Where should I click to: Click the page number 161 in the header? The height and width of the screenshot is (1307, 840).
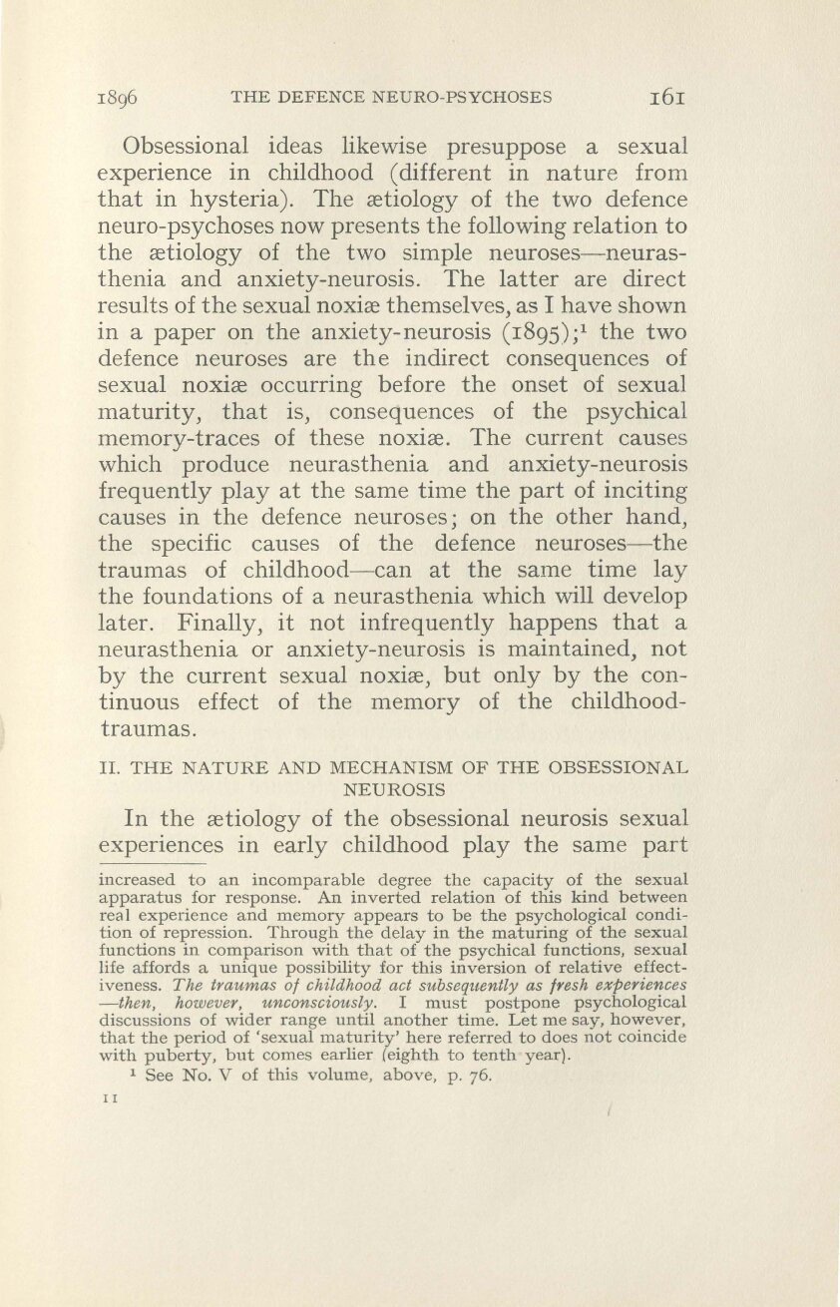click(664, 98)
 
